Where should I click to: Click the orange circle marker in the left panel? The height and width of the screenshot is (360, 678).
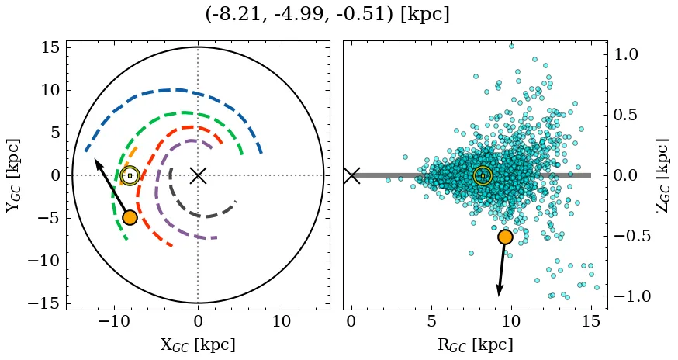[130, 217]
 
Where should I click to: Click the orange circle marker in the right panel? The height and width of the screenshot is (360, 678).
[505, 237]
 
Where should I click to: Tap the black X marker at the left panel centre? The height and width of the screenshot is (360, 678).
[198, 175]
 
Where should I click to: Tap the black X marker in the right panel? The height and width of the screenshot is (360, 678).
[351, 175]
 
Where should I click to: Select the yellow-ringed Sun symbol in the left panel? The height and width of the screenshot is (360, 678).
[130, 175]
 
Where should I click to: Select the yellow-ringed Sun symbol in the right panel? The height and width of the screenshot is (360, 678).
[483, 175]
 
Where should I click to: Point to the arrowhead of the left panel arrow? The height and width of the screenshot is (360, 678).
[96, 161]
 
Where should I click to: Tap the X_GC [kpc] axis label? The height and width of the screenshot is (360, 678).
[197, 344]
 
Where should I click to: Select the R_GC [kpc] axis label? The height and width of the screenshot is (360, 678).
[475, 344]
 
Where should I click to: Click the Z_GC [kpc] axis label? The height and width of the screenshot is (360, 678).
[661, 175]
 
